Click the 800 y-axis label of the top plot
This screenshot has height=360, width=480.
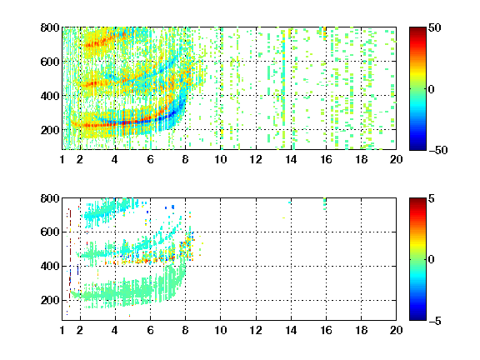click(50, 27)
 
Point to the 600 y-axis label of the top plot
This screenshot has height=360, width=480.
click(50, 62)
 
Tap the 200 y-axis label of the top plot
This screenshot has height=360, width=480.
click(50, 130)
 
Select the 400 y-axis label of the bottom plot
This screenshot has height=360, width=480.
click(50, 266)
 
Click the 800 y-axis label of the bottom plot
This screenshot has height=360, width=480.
click(50, 198)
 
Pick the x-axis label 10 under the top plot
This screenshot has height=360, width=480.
click(220, 159)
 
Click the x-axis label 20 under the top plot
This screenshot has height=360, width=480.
click(396, 159)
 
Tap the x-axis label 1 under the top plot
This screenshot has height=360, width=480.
click(62, 159)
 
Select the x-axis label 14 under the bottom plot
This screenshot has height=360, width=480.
click(291, 330)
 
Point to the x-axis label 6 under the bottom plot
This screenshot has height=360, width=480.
click(150, 330)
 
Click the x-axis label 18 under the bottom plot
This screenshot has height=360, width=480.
click(361, 330)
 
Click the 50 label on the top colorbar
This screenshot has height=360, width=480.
click(435, 27)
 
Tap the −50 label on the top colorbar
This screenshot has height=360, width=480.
click(438, 150)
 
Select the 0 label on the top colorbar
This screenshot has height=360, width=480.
click(432, 89)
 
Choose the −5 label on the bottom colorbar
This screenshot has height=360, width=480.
click(435, 321)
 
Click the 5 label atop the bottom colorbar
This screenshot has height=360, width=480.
click(432, 198)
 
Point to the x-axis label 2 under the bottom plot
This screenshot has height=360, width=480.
click(80, 330)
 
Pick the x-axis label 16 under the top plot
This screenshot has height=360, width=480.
click(326, 159)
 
